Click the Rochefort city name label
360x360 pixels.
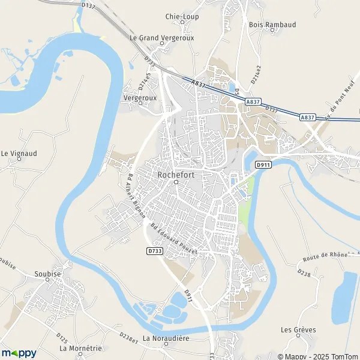[176, 174]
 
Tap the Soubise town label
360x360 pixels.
[48, 274]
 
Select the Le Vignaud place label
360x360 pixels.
[19, 154]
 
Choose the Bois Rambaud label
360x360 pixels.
[270, 25]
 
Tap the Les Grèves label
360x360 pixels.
[298, 329]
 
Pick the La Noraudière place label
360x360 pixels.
[166, 338]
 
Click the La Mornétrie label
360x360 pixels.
[80, 348]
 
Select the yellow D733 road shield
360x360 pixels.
[155, 251]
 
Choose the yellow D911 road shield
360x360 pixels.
[262, 164]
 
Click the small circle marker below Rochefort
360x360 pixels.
[176, 182]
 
